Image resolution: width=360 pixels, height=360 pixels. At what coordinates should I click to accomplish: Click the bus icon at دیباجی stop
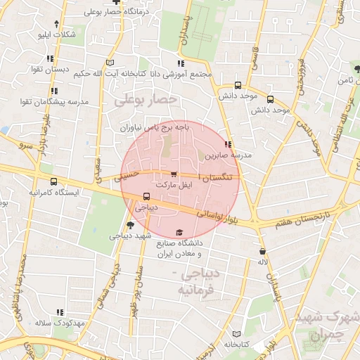pos(146,197)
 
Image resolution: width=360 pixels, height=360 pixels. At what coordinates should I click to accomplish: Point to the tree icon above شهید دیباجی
pos(129,225)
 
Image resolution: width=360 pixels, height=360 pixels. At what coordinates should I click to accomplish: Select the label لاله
pos(262,262)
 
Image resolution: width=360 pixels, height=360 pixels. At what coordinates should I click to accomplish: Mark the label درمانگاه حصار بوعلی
pos(96,12)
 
